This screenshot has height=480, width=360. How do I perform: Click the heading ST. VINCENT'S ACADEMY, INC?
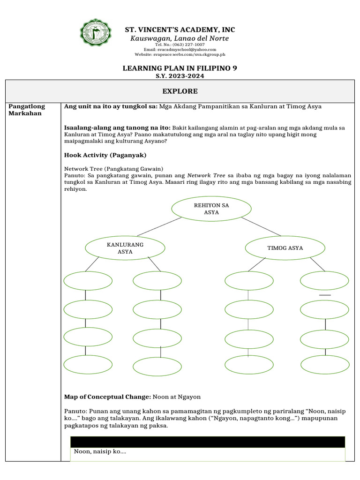[180, 30]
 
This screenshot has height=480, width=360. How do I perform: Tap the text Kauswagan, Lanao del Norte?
[180, 38]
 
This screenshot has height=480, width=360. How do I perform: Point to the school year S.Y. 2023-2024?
[180, 75]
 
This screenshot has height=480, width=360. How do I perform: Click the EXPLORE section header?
[180, 91]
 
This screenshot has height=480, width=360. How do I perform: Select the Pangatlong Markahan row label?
[27, 110]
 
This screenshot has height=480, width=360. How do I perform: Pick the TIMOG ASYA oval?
[285, 248]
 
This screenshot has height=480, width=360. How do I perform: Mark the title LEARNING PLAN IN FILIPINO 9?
[180, 68]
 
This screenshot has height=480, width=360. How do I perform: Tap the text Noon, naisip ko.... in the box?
[100, 452]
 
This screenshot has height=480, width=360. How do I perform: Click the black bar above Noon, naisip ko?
[207, 442]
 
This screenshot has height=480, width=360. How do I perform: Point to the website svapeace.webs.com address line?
[180, 54]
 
